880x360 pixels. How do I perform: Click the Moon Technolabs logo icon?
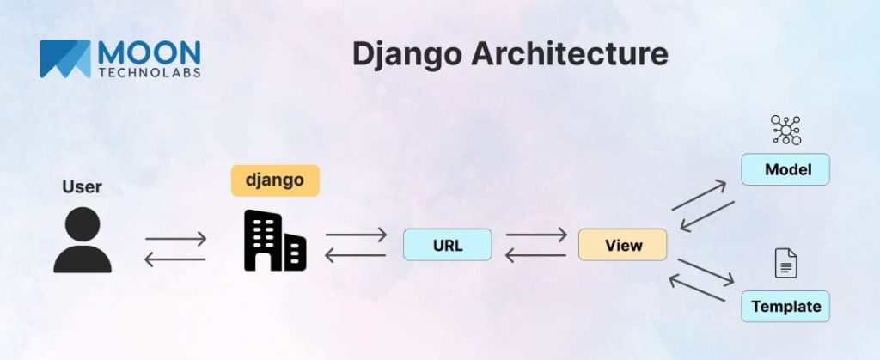point(64,58)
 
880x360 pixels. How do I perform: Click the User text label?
point(82,186)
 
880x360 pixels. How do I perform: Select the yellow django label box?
point(275,180)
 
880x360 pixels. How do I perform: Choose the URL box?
point(448,245)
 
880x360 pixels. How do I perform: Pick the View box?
point(623,245)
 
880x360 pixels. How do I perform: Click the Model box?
point(786,169)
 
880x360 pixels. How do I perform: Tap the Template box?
point(785,306)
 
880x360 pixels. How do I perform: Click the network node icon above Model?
point(786,130)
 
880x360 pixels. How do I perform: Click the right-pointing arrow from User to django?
point(175,237)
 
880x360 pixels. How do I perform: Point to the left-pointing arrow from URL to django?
point(355,255)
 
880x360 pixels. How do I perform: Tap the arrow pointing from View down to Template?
point(705,271)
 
